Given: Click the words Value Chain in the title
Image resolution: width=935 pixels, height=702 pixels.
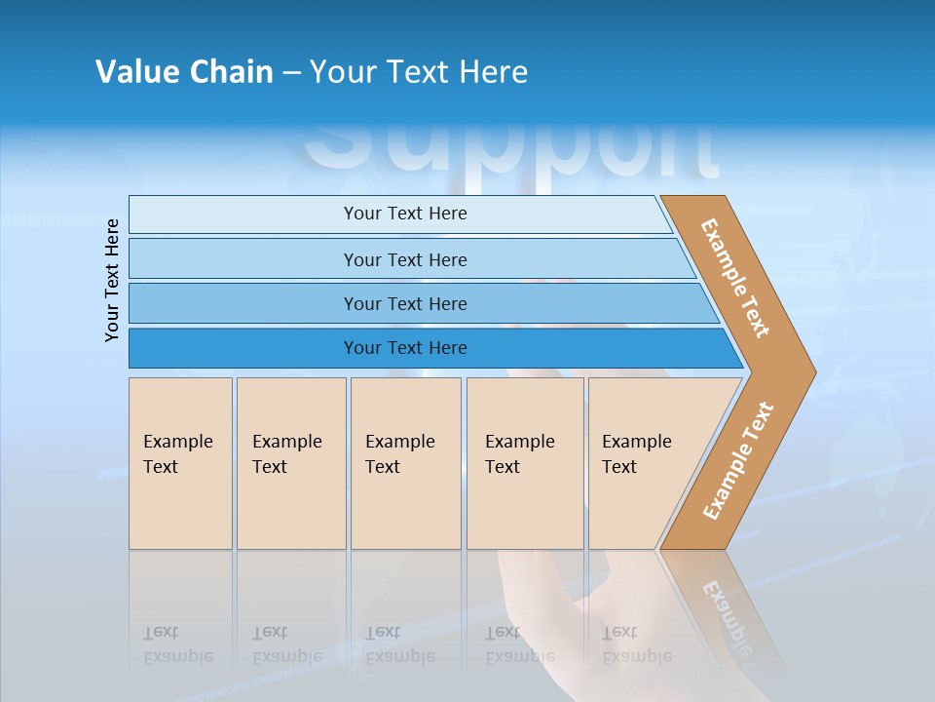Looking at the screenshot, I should tap(184, 72).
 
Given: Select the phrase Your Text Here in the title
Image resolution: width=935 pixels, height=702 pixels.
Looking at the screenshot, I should tap(419, 72).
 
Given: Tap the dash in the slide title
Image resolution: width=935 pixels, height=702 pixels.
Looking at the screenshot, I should tap(291, 73).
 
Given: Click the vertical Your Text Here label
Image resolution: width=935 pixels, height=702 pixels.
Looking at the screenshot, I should tap(112, 280).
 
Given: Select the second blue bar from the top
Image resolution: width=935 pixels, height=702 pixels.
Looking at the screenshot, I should tap(404, 259).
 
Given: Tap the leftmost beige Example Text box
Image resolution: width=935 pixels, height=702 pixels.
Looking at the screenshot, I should tap(180, 463).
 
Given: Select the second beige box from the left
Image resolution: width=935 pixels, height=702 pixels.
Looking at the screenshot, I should tap(290, 463).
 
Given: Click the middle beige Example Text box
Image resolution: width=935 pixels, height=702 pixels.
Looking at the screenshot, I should tap(405, 463).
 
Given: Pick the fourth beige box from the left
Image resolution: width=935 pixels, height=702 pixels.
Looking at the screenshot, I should tap(525, 463).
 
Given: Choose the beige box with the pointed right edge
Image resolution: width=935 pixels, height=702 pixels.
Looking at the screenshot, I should tap(643, 463).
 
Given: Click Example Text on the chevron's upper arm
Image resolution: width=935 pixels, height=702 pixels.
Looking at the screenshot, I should tap(735, 278).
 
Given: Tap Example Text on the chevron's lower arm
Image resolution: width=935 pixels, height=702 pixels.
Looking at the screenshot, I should tap(738, 460).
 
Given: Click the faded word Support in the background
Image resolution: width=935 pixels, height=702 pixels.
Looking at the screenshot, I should tap(511, 151).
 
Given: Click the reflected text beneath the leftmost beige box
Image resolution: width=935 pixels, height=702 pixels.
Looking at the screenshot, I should tap(177, 644).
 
